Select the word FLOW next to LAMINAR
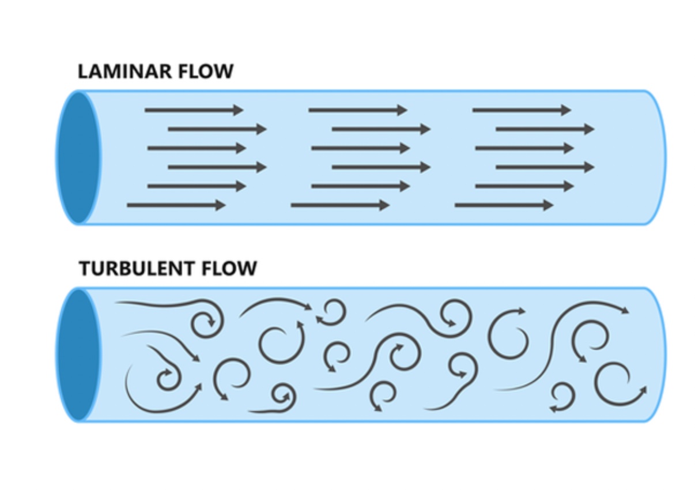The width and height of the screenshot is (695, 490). (x=209, y=71)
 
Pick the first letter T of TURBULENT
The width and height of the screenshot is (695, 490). (x=84, y=269)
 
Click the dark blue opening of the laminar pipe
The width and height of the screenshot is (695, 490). (x=78, y=157)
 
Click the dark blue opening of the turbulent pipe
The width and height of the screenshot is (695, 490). (x=78, y=355)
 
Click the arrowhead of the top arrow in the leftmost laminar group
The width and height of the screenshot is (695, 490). (x=239, y=110)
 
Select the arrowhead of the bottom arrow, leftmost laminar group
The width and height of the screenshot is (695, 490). (x=221, y=205)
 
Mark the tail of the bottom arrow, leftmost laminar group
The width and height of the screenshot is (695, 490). (x=129, y=205)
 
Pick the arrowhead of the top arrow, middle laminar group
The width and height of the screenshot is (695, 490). (x=402, y=110)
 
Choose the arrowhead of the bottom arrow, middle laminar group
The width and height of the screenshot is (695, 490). (x=384, y=205)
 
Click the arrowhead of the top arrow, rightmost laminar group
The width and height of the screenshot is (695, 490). (x=566, y=110)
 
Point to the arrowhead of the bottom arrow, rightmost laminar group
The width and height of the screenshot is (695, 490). (x=548, y=205)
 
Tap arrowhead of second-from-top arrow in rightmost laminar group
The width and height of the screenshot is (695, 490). (x=589, y=129)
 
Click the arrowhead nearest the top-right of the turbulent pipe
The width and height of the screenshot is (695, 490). (x=625, y=311)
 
